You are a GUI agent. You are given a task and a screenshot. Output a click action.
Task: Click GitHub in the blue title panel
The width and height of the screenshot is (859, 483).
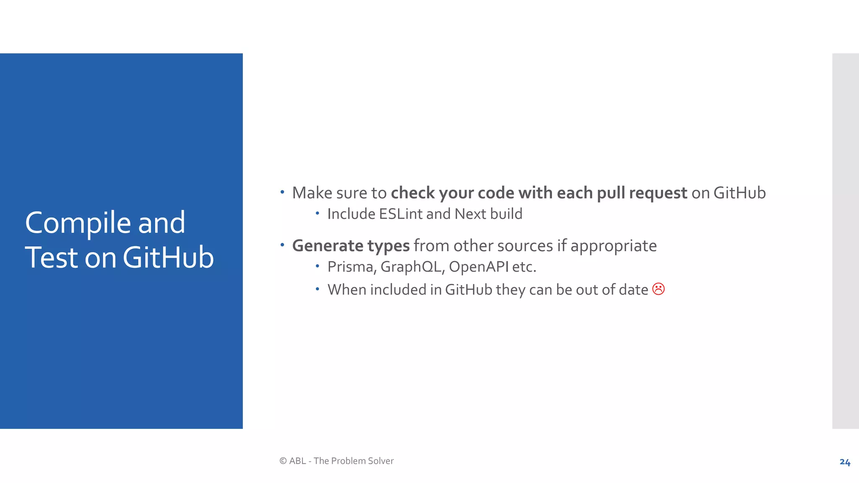(x=168, y=257)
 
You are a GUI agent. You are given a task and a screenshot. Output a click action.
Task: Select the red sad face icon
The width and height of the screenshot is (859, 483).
(x=659, y=289)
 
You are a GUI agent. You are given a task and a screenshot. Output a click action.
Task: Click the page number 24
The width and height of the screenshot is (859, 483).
(x=845, y=462)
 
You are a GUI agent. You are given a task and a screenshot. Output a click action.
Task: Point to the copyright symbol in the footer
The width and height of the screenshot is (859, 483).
(x=283, y=461)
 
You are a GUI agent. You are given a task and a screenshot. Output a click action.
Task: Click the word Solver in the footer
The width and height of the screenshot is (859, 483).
(x=380, y=461)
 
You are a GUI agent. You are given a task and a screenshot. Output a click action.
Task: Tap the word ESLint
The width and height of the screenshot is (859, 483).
(x=401, y=214)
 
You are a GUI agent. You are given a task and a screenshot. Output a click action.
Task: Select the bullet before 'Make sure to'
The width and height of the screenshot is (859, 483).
(x=282, y=192)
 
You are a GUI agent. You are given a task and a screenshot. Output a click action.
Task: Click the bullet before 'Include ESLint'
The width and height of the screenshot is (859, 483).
(x=318, y=213)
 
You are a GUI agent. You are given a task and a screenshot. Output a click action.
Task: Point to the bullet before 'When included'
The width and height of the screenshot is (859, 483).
(x=318, y=289)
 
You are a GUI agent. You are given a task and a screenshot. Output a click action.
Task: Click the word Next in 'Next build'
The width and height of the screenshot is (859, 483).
(x=470, y=214)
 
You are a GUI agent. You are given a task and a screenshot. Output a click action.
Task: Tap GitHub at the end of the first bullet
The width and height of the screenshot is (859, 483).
(x=739, y=193)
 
